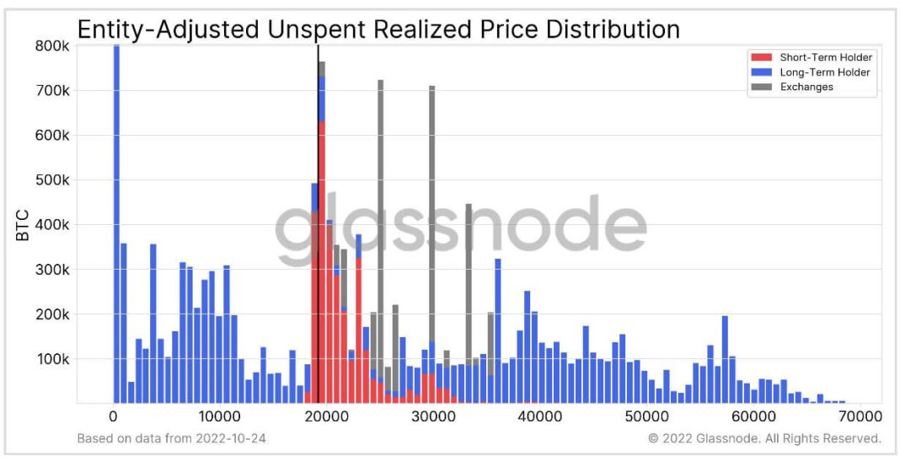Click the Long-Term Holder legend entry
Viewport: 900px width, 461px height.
click(x=824, y=72)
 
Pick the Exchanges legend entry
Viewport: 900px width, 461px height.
click(x=806, y=87)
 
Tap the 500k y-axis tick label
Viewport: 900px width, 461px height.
click(x=51, y=180)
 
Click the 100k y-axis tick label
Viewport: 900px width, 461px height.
click(x=51, y=359)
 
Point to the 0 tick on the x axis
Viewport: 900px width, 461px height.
click(x=113, y=415)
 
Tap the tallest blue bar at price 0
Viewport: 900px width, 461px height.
click(x=116, y=228)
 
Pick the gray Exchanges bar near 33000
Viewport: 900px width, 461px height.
click(x=469, y=287)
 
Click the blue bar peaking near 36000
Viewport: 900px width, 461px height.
click(x=498, y=329)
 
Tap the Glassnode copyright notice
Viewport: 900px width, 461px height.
click(x=764, y=438)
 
